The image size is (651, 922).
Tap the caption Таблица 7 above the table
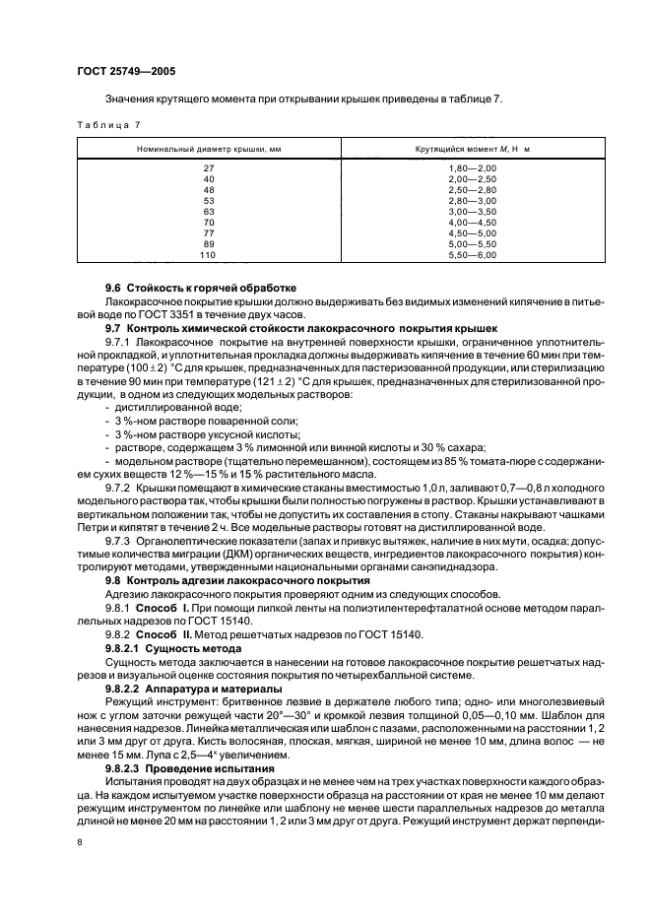pyautogui.click(x=103, y=126)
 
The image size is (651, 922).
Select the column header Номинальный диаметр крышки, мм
pyautogui.click(x=208, y=148)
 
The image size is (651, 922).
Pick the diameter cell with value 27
pyautogui.click(x=208, y=168)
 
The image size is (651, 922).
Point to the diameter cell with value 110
pyautogui.click(x=208, y=255)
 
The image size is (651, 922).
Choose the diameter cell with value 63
pyautogui.click(x=208, y=212)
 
